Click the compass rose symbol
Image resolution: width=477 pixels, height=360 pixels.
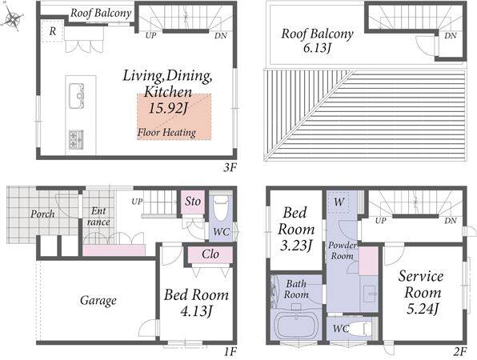click(11, 18)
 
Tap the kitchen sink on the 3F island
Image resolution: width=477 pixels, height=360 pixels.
click(76, 95)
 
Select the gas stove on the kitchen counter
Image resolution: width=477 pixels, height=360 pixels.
click(76, 139)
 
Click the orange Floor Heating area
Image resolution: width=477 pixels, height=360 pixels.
click(174, 117)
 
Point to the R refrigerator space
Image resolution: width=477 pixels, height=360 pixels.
click(53, 31)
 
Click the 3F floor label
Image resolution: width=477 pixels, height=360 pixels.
click(230, 167)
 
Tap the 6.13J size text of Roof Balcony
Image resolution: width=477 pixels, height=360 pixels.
click(317, 48)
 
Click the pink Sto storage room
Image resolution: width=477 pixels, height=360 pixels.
click(193, 202)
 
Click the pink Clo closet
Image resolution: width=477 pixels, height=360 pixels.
click(210, 254)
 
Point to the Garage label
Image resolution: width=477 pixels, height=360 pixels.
click(98, 301)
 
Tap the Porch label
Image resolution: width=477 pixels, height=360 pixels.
click(42, 214)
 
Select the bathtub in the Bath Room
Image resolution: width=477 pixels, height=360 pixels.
click(296, 327)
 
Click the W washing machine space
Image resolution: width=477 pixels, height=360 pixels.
click(339, 202)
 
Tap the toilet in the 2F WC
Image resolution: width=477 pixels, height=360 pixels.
click(360, 329)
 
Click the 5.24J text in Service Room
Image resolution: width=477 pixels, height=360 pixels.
click(423, 310)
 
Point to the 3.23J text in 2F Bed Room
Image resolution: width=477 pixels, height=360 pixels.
click(295, 246)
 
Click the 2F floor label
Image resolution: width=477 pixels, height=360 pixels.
click(459, 352)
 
